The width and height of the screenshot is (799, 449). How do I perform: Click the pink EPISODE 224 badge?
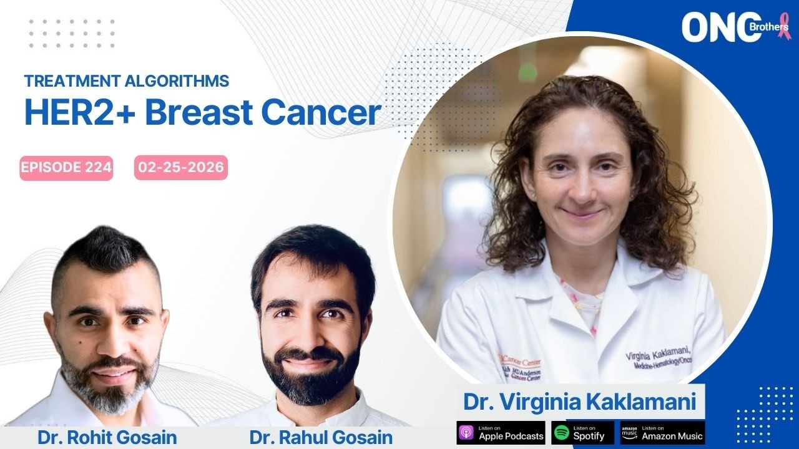pos(66,168)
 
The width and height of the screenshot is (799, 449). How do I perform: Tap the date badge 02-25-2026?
pos(180,168)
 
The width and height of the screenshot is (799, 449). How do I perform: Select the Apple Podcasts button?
pos(501,433)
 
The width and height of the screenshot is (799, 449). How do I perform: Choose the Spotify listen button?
pos(582,433)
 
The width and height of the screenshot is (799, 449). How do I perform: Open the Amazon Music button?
pos(662,433)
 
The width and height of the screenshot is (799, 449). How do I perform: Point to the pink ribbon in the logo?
pos(783,27)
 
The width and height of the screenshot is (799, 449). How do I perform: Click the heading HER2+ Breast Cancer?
pos(202,112)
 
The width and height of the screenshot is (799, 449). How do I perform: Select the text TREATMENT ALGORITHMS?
pos(127,81)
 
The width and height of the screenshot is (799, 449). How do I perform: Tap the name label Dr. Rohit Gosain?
pos(107,437)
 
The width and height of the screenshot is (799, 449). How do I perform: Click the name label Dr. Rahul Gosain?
pos(321,437)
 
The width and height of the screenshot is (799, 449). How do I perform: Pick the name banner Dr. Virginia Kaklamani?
pos(579,402)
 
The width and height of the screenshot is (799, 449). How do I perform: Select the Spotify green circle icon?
pos(561,433)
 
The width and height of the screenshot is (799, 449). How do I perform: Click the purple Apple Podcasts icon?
pos(467,433)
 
